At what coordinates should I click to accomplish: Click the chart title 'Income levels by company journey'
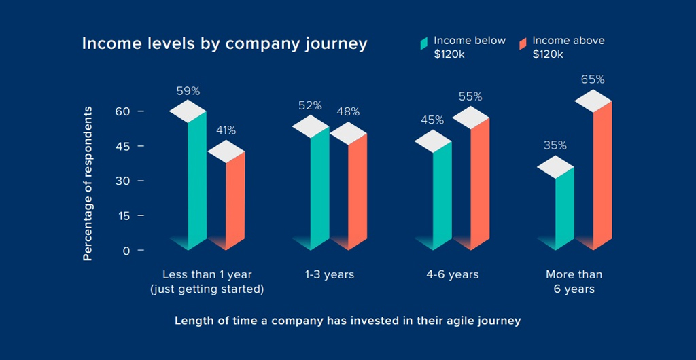(x=224, y=43)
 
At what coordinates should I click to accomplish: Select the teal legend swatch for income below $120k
(x=423, y=43)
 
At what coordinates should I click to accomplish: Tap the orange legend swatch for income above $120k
(x=523, y=43)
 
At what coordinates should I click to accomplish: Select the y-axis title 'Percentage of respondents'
(x=87, y=183)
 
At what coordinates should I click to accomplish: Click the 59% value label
(x=188, y=90)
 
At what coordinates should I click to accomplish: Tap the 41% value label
(x=226, y=130)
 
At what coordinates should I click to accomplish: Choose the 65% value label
(x=592, y=79)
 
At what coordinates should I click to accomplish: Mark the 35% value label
(x=555, y=145)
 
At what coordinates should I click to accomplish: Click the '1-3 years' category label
(x=330, y=275)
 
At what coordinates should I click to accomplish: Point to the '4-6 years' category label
(x=453, y=275)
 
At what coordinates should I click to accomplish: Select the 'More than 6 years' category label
(x=574, y=282)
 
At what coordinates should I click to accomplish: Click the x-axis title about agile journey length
(x=347, y=320)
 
